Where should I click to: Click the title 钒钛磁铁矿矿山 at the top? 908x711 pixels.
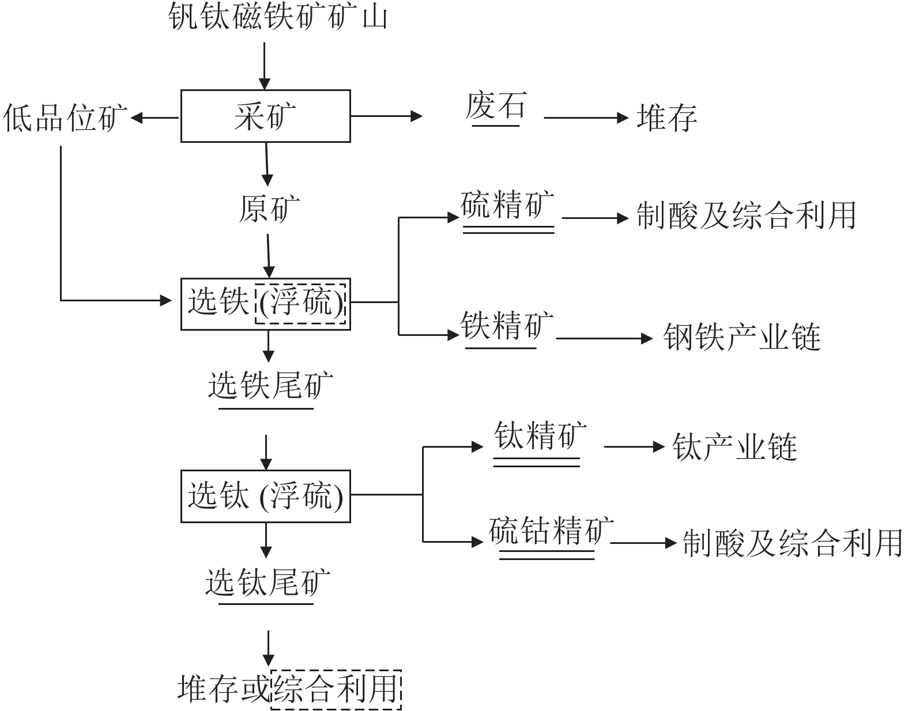pos(278,17)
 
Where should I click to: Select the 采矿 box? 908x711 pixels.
pos(265,116)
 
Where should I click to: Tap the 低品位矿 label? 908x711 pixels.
pos(65,118)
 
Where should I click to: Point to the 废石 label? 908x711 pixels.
pos(496,106)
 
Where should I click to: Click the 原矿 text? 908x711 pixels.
pos(269,209)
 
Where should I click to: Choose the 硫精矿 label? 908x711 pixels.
pos(508,205)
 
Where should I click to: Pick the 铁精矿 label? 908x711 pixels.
pos(507,324)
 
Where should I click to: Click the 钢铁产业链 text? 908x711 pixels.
pos(742,336)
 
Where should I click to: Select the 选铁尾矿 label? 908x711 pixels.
pos(271,384)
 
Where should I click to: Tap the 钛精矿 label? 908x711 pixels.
pos(540,435)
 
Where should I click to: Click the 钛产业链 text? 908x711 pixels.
pos(734,447)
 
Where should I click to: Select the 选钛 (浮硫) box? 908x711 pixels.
pos(265,497)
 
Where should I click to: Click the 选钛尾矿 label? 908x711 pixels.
pos(268,582)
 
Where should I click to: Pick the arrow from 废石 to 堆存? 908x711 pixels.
pos(586,118)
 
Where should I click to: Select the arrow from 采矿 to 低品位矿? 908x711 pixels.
pos(155,118)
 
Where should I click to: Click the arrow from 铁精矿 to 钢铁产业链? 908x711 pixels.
pos(604,338)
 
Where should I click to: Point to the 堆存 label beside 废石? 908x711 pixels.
pos(667,118)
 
